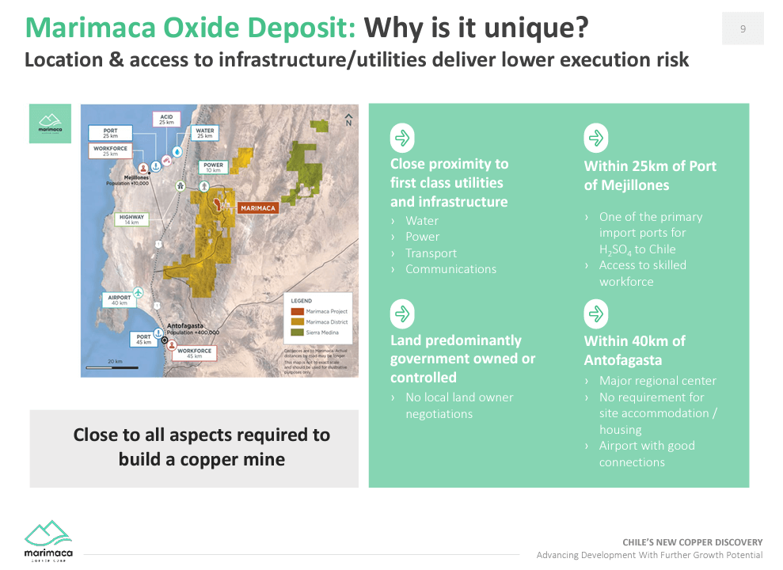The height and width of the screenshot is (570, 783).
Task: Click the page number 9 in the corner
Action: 743,28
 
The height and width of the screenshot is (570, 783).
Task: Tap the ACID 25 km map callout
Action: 166,120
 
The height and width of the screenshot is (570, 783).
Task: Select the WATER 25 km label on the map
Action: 204,134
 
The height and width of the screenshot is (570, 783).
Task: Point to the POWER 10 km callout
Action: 213,167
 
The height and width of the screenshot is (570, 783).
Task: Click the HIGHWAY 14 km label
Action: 131,219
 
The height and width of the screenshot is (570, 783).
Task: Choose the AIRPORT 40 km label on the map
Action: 118,299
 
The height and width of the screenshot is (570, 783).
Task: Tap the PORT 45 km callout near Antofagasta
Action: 143,339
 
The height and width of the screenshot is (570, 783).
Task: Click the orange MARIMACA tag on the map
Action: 257,207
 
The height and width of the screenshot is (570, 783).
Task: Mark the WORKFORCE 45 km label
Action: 194,353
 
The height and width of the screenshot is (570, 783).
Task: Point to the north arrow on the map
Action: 348,120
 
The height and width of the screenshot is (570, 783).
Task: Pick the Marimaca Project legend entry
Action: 323,311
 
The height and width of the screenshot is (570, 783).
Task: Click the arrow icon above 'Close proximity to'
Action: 402,139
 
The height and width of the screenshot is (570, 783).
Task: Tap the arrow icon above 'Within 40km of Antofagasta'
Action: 595,314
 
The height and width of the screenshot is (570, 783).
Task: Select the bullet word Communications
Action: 450,269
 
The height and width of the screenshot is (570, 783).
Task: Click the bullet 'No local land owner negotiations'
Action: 458,405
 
